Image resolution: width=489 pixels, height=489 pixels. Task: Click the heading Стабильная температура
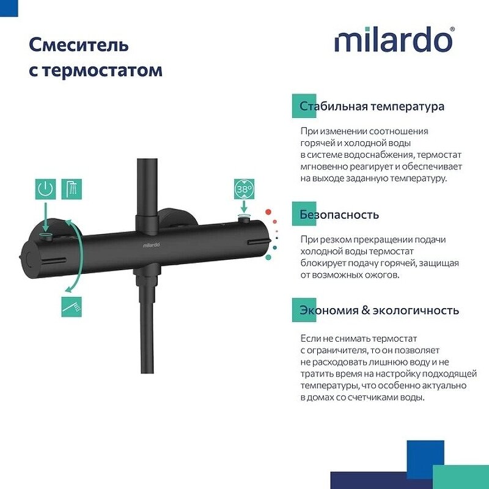coord(372,106)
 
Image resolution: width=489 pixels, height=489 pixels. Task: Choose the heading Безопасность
coord(339,215)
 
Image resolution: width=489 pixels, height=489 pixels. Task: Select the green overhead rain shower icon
coord(71,189)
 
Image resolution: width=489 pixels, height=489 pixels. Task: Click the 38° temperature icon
coord(244,189)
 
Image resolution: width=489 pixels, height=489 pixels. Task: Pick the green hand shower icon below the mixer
coord(71,306)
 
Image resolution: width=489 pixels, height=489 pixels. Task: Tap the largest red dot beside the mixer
coord(268,212)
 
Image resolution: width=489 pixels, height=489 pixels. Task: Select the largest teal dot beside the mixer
coord(268,257)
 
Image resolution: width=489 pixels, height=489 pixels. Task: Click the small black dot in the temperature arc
coord(278,235)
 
